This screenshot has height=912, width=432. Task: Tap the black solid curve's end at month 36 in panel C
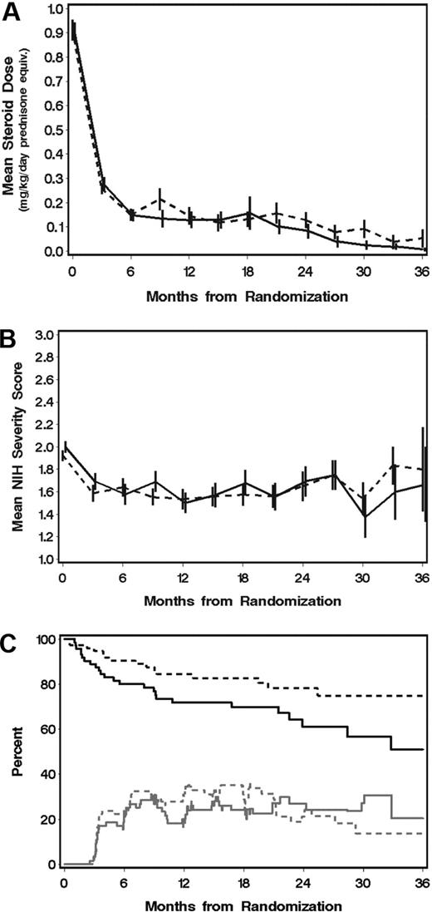(x=423, y=749)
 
